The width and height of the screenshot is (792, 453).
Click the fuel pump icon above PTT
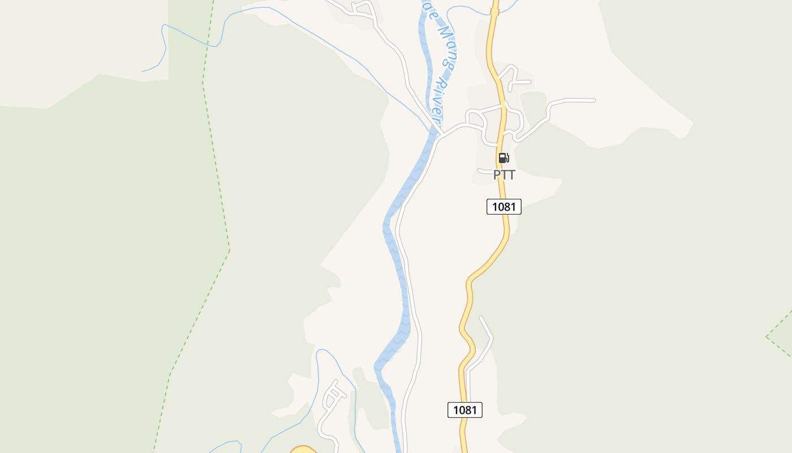(x=503, y=158)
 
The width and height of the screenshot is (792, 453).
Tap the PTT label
(x=504, y=175)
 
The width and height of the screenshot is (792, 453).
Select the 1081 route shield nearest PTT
(x=503, y=207)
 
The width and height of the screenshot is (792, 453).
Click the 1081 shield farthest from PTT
(x=465, y=409)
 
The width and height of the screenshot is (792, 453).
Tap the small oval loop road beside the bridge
(x=475, y=119)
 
